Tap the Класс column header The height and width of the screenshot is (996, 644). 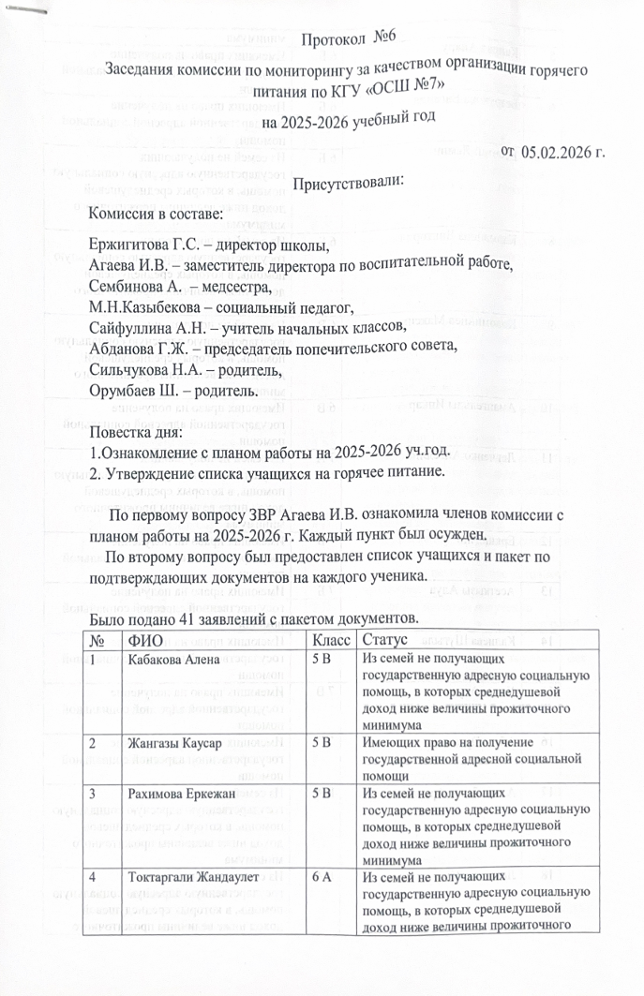click(328, 641)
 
